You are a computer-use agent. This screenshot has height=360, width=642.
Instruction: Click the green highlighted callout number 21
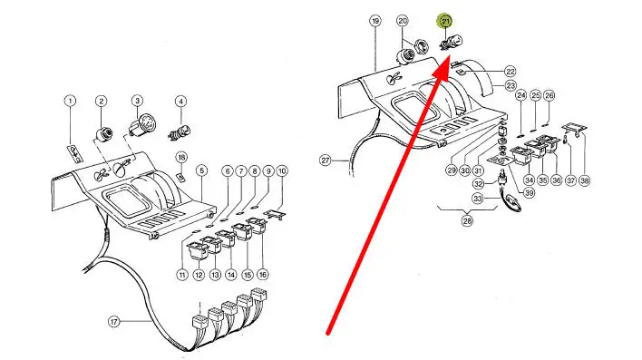(445, 21)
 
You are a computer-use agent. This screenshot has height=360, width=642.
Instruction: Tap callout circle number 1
(70, 101)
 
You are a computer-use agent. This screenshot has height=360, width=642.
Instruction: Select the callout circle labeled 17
(114, 322)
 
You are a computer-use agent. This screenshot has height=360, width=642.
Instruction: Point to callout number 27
(326, 161)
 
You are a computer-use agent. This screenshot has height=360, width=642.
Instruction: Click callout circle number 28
(467, 220)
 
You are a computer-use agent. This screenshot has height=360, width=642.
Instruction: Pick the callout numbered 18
(181, 157)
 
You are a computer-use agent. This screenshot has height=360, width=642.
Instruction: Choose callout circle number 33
(478, 199)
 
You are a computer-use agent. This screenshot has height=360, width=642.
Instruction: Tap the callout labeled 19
(375, 21)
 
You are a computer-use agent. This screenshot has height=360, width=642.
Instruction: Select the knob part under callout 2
(105, 133)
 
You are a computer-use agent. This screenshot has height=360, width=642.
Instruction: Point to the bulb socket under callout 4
(180, 132)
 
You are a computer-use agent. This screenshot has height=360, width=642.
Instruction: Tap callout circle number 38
(585, 180)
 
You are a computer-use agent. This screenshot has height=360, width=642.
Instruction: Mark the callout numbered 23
(511, 85)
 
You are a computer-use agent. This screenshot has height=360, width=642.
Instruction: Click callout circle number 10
(282, 170)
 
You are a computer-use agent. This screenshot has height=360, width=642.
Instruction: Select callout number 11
(182, 275)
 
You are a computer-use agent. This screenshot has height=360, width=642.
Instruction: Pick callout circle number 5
(201, 170)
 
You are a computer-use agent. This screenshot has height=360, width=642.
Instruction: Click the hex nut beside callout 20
(421, 46)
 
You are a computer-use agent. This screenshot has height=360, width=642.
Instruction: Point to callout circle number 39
(529, 192)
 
